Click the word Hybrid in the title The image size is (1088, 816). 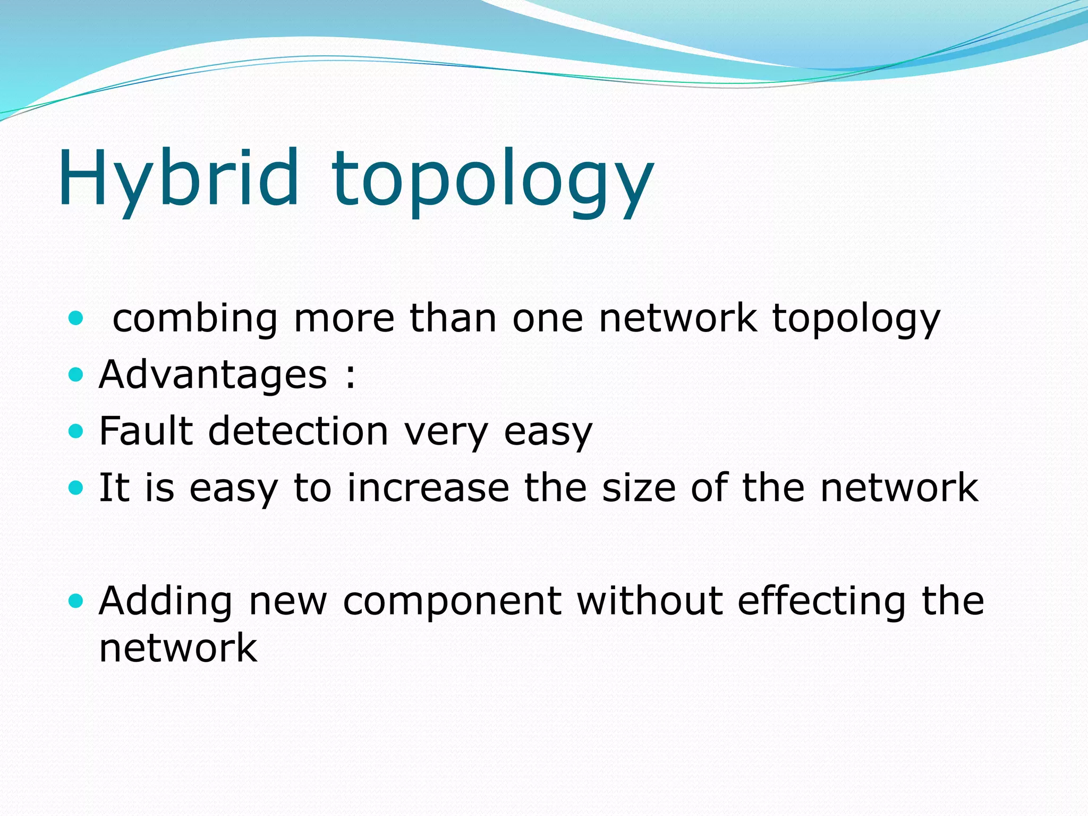[178, 178]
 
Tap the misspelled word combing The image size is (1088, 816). [195, 319]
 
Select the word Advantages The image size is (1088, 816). [213, 375]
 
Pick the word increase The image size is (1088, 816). [428, 488]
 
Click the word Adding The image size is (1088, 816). [165, 601]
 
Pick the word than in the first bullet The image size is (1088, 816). [453, 318]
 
